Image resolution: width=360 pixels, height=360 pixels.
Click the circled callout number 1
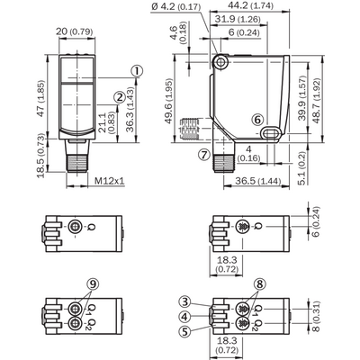click(x=137, y=71)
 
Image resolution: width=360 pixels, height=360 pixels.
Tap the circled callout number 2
click(x=120, y=97)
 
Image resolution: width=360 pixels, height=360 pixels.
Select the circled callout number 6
click(x=257, y=120)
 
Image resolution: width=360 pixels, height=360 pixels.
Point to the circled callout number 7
click(x=204, y=155)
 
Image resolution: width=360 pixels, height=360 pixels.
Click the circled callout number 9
click(x=93, y=283)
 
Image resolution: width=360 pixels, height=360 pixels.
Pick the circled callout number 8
click(x=259, y=283)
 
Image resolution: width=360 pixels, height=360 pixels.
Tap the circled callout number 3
click(x=185, y=301)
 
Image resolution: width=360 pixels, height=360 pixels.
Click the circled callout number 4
click(x=185, y=317)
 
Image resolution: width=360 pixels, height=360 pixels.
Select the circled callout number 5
click(x=184, y=331)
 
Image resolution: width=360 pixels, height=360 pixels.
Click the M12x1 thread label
click(x=110, y=181)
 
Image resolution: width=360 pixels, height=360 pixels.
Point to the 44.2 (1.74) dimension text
click(x=250, y=5)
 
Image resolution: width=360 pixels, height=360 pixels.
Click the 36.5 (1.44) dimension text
click(x=258, y=181)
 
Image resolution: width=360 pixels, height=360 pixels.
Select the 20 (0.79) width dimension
click(x=75, y=31)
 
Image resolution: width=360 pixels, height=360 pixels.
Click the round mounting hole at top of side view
click(x=220, y=62)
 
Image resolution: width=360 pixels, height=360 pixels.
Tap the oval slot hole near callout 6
click(x=272, y=133)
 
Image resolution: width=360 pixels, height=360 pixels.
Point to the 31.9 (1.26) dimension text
click(x=238, y=20)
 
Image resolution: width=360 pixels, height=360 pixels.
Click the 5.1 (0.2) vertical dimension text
click(x=302, y=168)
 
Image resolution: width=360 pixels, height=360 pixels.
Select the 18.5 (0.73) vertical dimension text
click(x=41, y=156)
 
